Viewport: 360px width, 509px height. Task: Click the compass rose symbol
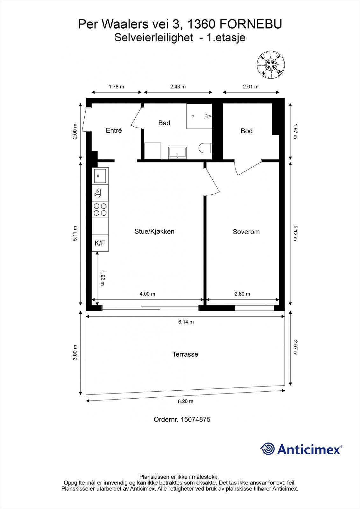click(x=271, y=65)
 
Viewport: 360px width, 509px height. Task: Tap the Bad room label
click(x=164, y=123)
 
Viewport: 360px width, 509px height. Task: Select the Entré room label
click(x=114, y=130)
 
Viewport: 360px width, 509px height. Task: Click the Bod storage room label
click(x=246, y=131)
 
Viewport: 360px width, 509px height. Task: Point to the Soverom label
click(x=246, y=232)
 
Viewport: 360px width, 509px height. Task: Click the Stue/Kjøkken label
click(x=154, y=232)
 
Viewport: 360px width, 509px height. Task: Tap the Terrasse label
click(x=185, y=354)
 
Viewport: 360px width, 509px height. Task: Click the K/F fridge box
click(x=100, y=243)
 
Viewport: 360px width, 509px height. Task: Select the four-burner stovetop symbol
click(x=100, y=210)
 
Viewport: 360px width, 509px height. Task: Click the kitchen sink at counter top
click(x=100, y=175)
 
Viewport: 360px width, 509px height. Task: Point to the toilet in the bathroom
click(x=205, y=148)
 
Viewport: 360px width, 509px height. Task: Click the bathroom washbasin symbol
click(x=177, y=153)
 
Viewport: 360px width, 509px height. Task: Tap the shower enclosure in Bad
click(x=199, y=116)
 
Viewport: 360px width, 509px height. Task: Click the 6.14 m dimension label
click(x=186, y=322)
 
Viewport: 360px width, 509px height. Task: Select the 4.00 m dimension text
click(x=147, y=294)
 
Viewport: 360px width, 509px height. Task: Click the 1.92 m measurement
click(x=102, y=278)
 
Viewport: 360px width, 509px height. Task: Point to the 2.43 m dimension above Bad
click(x=178, y=87)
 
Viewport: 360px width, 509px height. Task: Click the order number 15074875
click(x=195, y=419)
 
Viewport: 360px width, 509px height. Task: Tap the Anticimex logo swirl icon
click(x=268, y=449)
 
